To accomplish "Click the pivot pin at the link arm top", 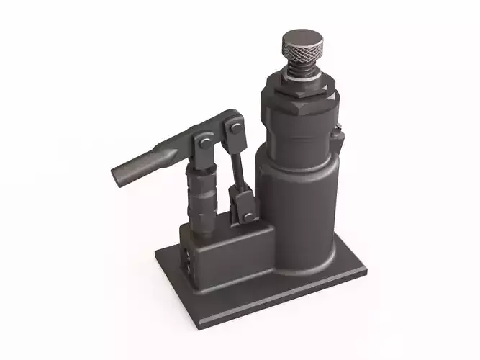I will tap(233, 129).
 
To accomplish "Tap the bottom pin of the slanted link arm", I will tap(247, 215).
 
